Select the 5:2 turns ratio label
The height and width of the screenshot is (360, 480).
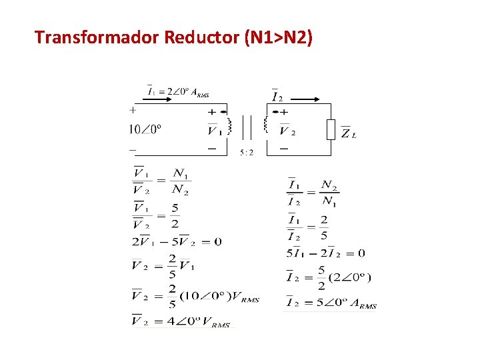pyautogui.click(x=247, y=152)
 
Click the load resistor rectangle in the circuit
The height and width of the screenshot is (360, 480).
pyautogui.click(x=330, y=129)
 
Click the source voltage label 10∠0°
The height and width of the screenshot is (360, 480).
pyautogui.click(x=145, y=129)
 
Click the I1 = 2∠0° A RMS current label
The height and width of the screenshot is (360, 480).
pyautogui.click(x=178, y=92)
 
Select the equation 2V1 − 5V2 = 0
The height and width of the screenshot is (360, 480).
pyautogui.click(x=177, y=242)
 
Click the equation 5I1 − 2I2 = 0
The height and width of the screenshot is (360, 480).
pyautogui.click(x=325, y=253)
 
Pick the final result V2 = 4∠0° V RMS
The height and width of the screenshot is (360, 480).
pyautogui.click(x=181, y=323)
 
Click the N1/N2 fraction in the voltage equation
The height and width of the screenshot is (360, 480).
pyautogui.click(x=180, y=181)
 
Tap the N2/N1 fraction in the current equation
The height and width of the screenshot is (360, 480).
pyautogui.click(x=329, y=193)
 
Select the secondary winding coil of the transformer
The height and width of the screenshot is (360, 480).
pyautogui.click(x=265, y=125)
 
